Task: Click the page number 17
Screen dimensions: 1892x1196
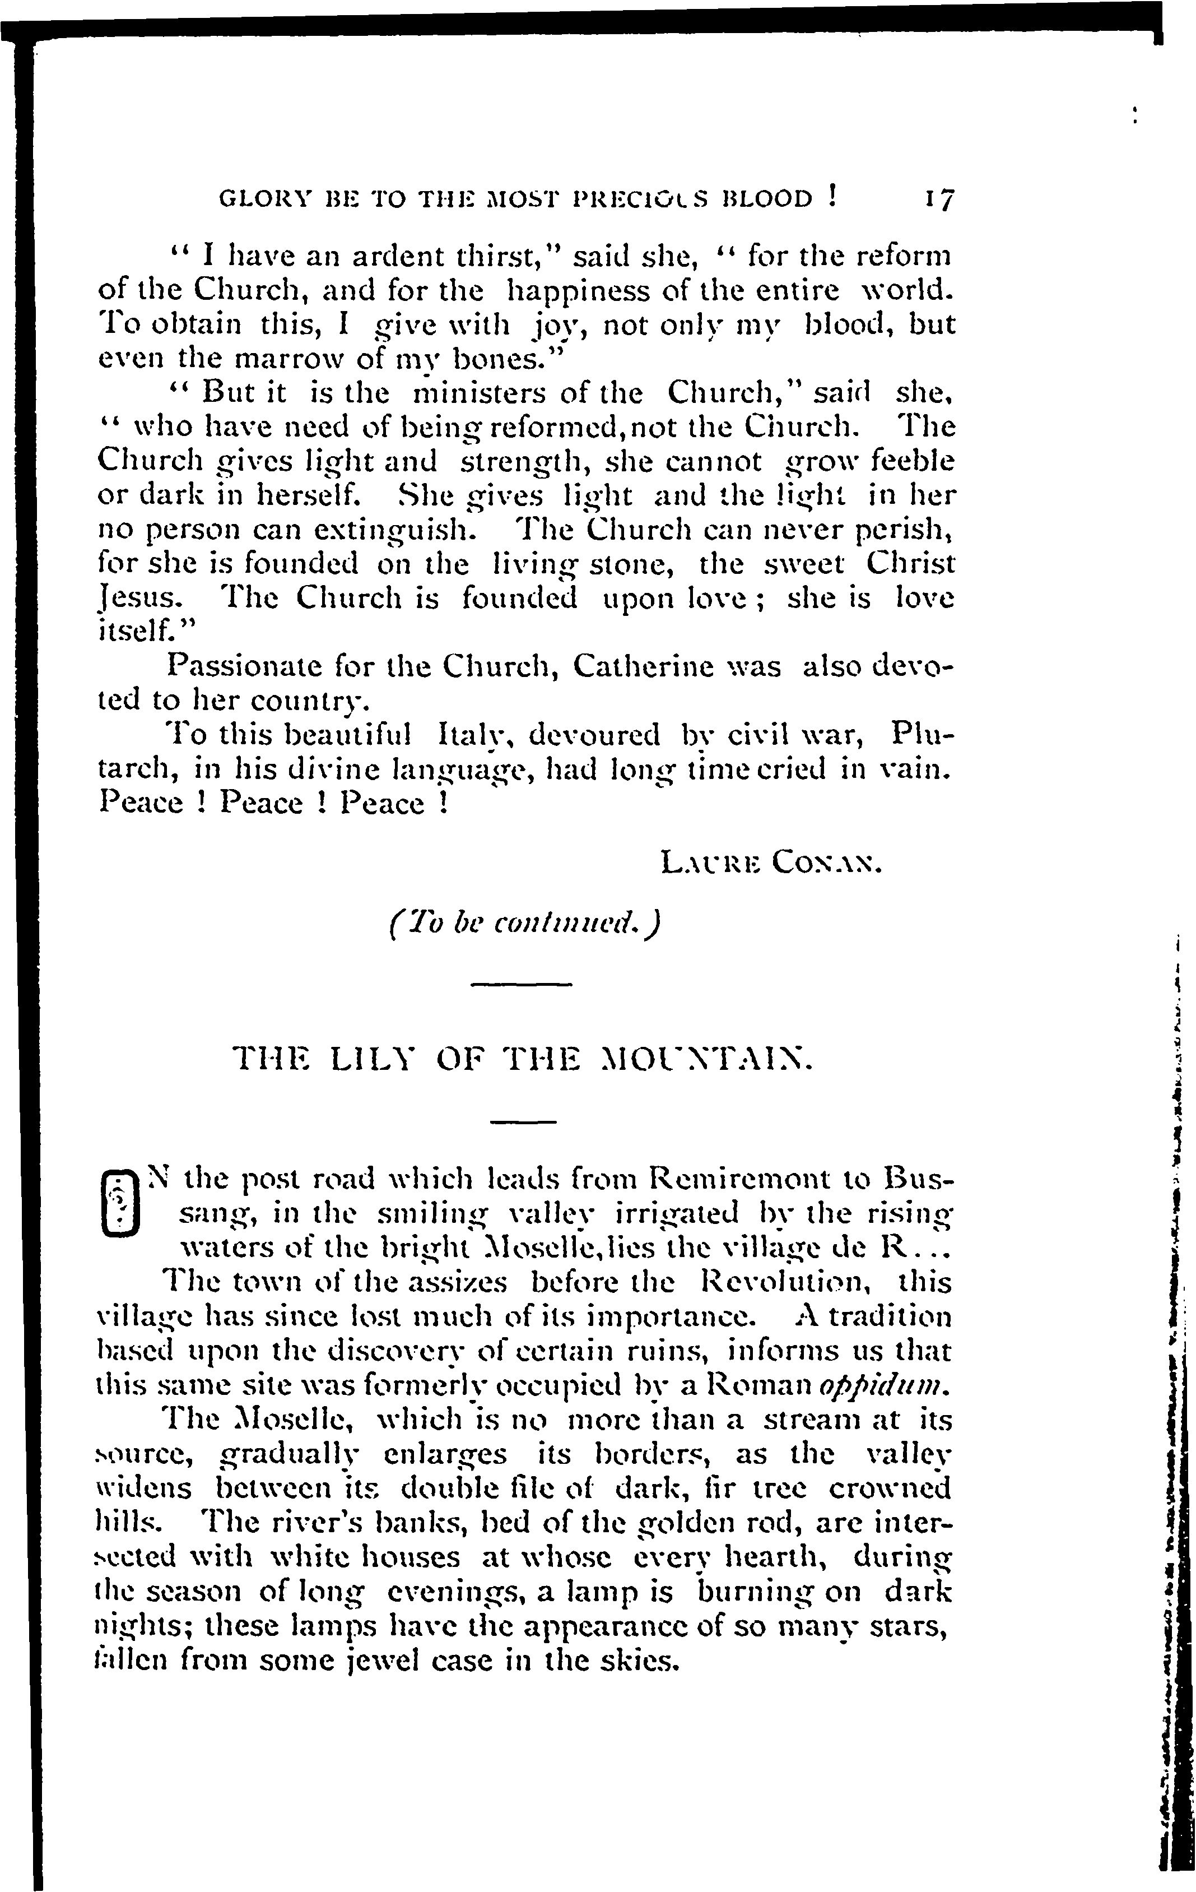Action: (x=938, y=200)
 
